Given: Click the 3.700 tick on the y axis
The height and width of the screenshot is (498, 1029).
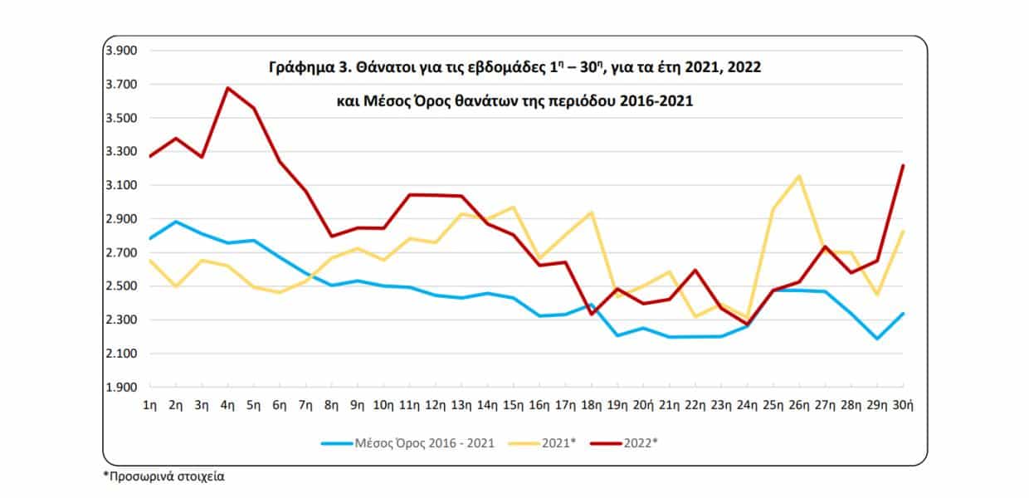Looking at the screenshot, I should coord(120,85).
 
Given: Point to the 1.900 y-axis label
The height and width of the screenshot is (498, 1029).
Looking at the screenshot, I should coord(120,388).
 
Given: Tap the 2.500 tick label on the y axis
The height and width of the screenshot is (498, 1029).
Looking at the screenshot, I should coord(120,286).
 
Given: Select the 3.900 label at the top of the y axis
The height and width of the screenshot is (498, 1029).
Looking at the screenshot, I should coord(120,51).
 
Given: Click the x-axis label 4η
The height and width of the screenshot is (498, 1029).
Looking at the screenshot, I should coord(227,405).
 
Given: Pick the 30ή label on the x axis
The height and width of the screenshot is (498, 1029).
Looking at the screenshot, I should coord(903,405).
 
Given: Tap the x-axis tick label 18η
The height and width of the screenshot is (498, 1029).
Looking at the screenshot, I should coord(591,405).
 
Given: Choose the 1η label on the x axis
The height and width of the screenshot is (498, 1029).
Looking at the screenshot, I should coord(149,405).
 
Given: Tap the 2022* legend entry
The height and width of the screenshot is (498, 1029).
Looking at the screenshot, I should coord(640,442).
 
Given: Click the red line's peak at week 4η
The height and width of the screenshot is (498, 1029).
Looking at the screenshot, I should coord(227,88).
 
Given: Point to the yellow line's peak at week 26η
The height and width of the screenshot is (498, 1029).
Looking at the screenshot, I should coord(798,176).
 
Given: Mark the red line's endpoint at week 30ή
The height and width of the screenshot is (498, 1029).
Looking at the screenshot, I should coord(903,165).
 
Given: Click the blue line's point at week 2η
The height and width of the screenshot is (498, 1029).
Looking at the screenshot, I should coord(175,222).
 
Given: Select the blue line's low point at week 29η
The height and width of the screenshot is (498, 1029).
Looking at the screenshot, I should coord(877,339).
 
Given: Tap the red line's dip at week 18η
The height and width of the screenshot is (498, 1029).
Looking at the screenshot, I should coord(591,314).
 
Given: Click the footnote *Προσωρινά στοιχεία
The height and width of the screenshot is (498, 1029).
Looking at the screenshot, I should coord(163,477).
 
